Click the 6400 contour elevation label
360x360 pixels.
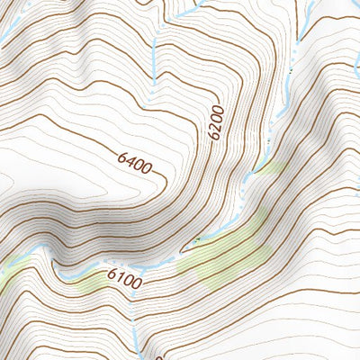pos(134,162)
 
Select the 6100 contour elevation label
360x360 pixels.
pos(124,279)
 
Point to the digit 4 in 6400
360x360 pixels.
pos(130,160)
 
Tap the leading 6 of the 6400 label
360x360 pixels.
pos(121,156)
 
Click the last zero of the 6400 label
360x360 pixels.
pos(147,168)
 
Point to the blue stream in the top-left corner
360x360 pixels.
pos(7,31)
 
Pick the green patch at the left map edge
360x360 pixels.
pos(9,274)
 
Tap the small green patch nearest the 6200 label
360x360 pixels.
pos(270,167)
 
